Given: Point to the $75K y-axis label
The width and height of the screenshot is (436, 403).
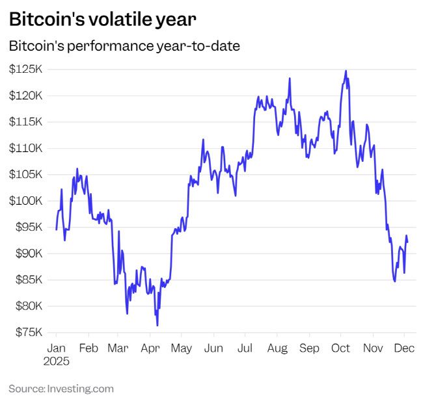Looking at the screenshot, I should pos(25,333).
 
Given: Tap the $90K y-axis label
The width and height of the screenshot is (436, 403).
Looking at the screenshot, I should pos(25,253).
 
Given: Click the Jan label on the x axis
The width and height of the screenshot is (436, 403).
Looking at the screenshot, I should pos(57,348).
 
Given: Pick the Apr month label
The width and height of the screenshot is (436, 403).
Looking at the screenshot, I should pos(150,348).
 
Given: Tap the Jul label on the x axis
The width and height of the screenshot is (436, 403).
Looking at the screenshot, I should pos(245,348).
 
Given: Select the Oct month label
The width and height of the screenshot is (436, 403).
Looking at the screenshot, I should pos(342,348).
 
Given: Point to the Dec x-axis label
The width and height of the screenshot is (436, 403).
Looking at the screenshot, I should pos(405,348).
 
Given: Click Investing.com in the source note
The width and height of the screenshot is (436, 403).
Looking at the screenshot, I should pos(80,389).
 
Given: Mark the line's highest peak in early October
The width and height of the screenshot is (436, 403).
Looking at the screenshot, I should pos(346,71).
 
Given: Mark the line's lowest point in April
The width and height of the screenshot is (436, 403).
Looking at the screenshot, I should pos(157,325).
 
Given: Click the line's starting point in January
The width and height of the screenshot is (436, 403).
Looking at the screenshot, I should pos(56,229).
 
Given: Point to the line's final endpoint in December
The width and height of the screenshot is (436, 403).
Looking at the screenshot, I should pos(407,242).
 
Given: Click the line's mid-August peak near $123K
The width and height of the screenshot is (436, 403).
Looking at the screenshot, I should pos(289,79).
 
